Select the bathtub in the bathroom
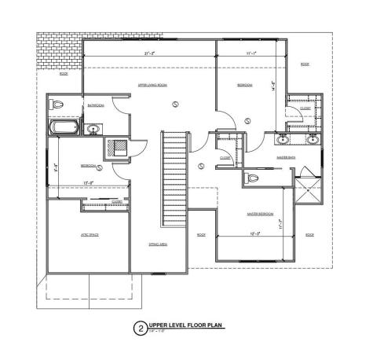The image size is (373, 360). click(x=63, y=127)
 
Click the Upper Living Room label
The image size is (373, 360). click(x=152, y=83)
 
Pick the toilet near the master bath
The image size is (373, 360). click(x=253, y=178)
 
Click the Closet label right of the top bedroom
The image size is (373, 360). click(x=305, y=108)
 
